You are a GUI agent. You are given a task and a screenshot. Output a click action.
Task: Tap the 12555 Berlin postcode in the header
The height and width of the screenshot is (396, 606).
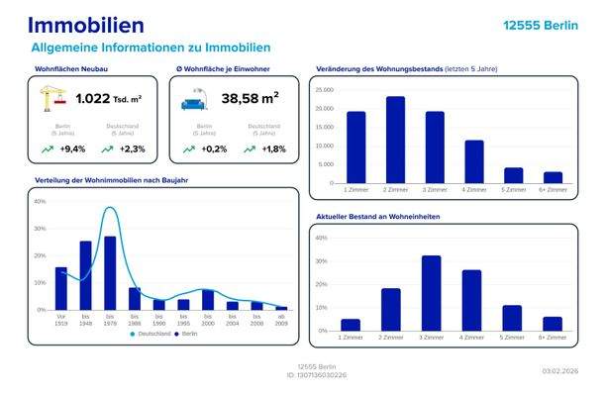[540, 26]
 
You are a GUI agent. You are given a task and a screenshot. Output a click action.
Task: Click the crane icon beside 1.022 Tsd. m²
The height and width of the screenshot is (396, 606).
[52, 99]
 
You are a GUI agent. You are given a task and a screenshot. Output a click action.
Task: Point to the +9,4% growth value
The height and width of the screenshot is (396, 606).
[73, 148]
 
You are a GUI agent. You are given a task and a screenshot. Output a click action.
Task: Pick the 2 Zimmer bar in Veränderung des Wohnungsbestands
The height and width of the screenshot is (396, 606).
[395, 140]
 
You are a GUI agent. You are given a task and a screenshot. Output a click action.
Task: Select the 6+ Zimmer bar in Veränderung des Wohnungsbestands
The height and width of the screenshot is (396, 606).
[553, 177]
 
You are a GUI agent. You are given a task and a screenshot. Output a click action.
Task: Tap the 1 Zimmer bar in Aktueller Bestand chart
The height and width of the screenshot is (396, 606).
[351, 325]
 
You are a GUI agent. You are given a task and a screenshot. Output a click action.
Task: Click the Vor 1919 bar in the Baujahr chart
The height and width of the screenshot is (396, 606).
[61, 287]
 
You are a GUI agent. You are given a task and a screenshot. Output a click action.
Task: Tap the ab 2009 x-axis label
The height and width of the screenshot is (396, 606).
[281, 319]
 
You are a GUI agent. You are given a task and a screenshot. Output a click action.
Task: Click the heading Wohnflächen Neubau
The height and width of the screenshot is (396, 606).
[71, 69]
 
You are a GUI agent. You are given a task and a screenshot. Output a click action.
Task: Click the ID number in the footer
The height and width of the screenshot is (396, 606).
[302, 374]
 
